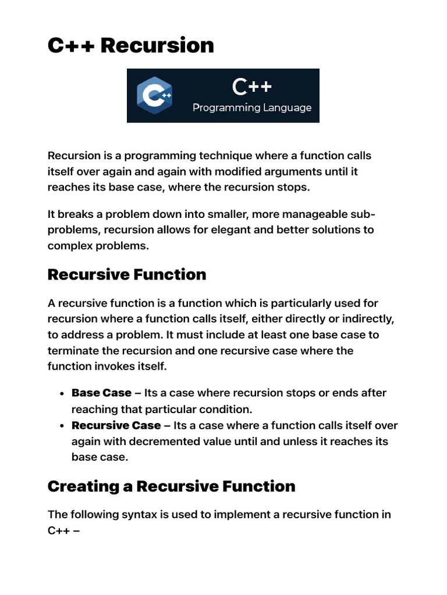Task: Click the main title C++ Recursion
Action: (130, 45)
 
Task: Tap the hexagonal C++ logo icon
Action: (154, 95)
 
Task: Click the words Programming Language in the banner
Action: (252, 107)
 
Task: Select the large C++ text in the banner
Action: (252, 87)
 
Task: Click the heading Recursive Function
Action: (127, 274)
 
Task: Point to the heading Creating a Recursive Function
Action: (171, 486)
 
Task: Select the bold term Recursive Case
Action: (116, 425)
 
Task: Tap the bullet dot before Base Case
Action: (61, 393)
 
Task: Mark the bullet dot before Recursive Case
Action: (61, 425)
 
